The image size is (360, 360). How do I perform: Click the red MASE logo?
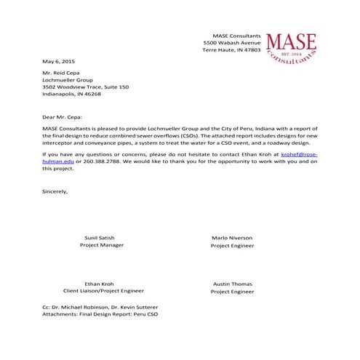pyautogui.click(x=292, y=47)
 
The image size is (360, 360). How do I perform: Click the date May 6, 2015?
pyautogui.click(x=59, y=61)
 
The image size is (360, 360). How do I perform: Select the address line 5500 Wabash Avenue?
pyautogui.click(x=231, y=43)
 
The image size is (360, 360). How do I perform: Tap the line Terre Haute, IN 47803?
pyautogui.click(x=231, y=51)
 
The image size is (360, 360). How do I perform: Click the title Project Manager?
pyautogui.click(x=101, y=246)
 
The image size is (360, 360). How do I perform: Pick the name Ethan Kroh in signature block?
pyautogui.click(x=101, y=284)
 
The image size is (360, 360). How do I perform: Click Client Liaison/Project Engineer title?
pyautogui.click(x=101, y=292)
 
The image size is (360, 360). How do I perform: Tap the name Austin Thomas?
pyautogui.click(x=232, y=284)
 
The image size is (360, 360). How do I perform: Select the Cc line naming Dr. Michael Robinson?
pyautogui.click(x=100, y=307)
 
